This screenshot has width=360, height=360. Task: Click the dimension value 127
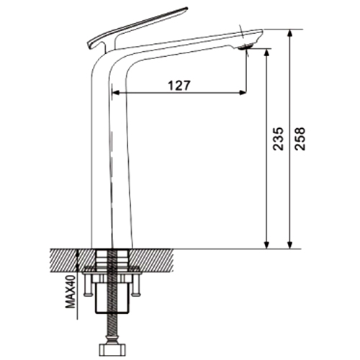[x=179, y=86]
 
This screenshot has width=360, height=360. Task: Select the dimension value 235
[x=279, y=139]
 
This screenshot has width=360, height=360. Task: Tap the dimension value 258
[x=300, y=139]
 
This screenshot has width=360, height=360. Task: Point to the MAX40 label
[x=71, y=292]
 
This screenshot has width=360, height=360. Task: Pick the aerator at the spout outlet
[x=246, y=46]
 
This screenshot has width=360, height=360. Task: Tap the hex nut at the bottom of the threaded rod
[x=112, y=351]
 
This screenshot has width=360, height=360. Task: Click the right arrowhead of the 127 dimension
[x=243, y=92]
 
